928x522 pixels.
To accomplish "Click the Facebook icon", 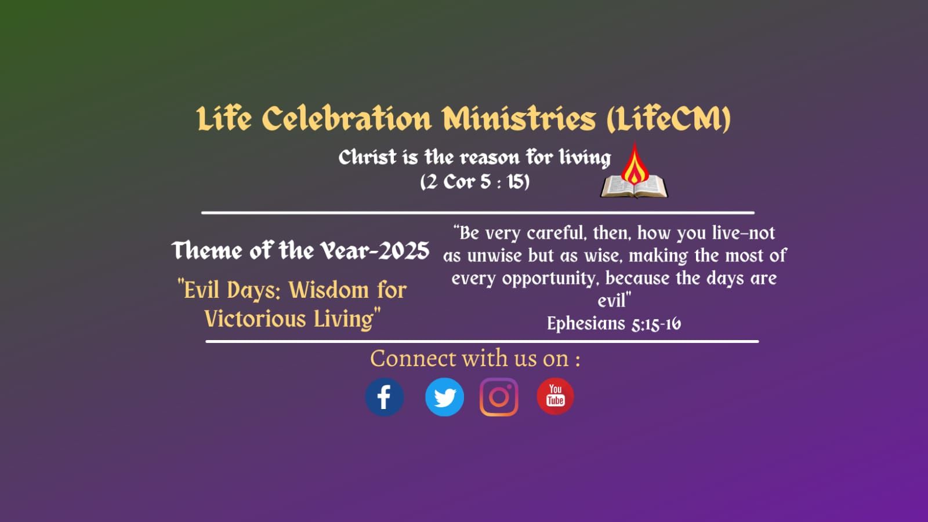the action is (384, 397).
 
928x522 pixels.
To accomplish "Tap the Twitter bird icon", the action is (444, 397).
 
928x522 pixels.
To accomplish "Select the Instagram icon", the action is (499, 397).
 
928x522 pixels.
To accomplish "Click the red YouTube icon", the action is (555, 396).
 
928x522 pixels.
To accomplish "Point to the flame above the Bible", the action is (635, 164).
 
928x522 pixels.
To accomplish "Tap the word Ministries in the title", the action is (519, 119).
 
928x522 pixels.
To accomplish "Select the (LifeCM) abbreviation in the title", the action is (669, 119).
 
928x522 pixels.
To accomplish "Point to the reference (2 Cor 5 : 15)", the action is (475, 182).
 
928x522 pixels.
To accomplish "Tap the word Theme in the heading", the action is (207, 251).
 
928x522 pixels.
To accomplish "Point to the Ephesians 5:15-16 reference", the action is (614, 323).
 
